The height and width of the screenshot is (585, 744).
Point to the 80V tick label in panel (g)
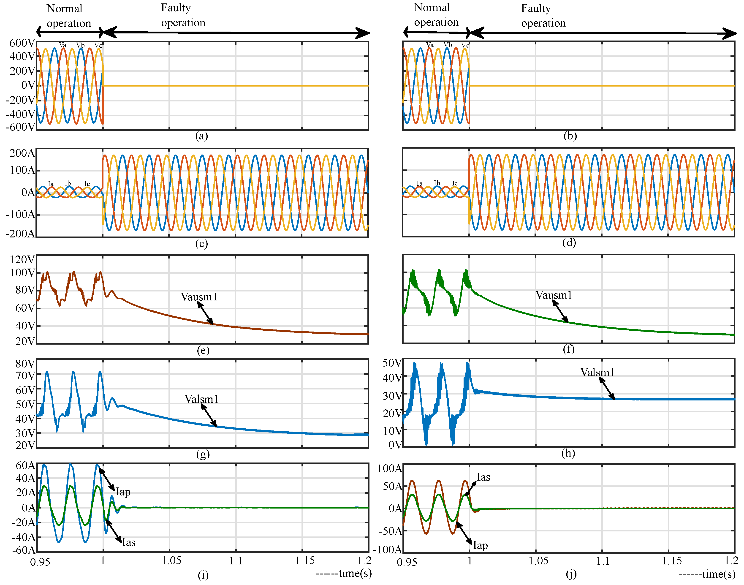point(25,364)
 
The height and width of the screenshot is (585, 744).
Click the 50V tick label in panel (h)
point(392,363)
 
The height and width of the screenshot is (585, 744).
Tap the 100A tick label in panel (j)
point(389,468)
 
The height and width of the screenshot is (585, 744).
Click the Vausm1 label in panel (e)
point(199,297)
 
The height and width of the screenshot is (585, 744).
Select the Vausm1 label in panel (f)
point(554,295)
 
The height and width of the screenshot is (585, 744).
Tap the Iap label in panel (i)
point(123,492)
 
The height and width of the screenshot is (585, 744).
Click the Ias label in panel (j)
point(483,477)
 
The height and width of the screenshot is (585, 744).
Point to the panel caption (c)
point(201,244)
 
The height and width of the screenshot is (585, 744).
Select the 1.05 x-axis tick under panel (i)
point(171,561)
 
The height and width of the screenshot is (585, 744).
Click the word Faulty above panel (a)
point(176,8)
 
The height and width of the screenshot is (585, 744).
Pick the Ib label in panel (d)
point(437,183)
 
